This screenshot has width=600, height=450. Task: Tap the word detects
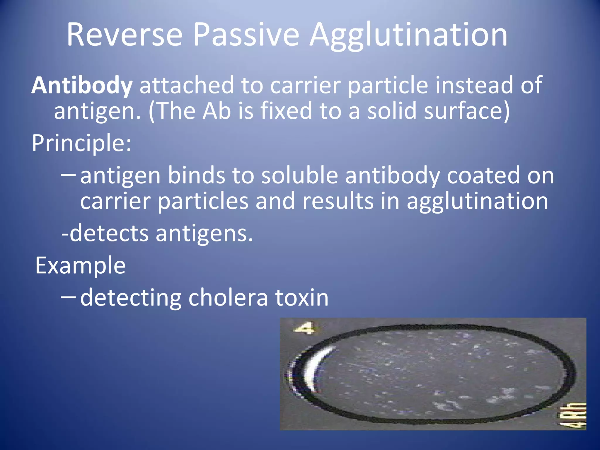coord(109,234)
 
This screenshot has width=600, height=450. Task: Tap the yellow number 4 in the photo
coord(305,328)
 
